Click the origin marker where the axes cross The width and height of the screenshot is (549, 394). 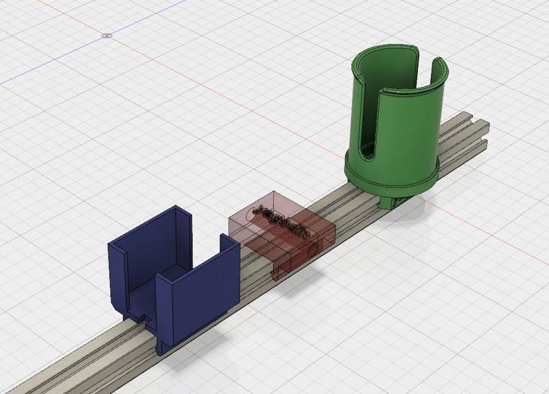pos(106,34)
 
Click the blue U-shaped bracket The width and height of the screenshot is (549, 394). pos(172,275)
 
